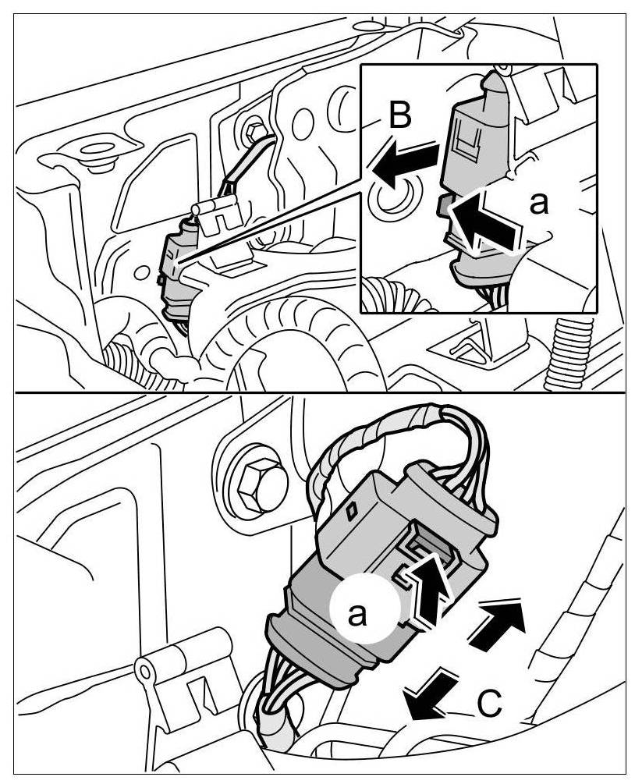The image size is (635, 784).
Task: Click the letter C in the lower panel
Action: click(488, 703)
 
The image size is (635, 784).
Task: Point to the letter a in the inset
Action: click(538, 204)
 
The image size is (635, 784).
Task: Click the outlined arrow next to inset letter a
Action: click(488, 222)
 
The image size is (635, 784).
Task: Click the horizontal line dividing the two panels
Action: click(317, 391)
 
